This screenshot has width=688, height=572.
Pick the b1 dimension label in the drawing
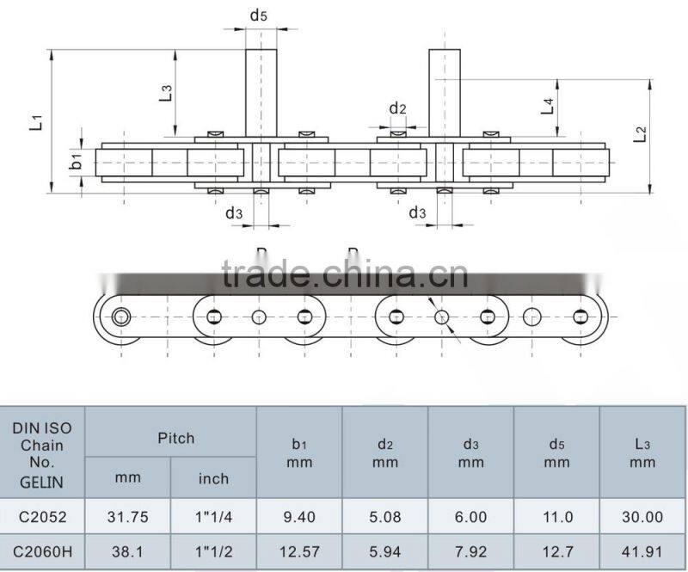pyautogui.click(x=77, y=161)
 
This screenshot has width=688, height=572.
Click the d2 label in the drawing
pyautogui.click(x=397, y=108)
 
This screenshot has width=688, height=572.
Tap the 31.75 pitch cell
pyautogui.click(x=128, y=517)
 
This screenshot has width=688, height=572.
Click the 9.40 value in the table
pyautogui.click(x=299, y=517)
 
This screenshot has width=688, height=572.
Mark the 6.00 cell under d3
pyautogui.click(x=471, y=517)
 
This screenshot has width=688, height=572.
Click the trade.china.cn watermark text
pyautogui.click(x=344, y=274)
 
